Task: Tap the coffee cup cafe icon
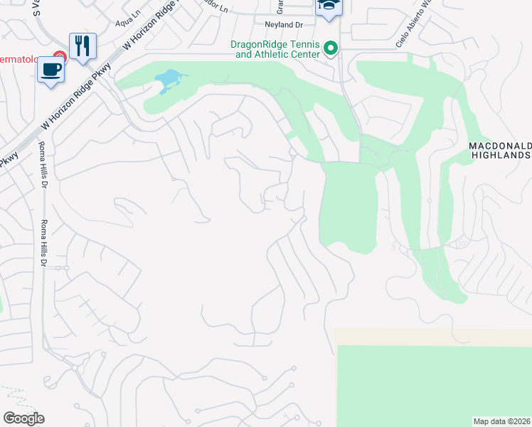click(x=51, y=70)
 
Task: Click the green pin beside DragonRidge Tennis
click(x=330, y=48)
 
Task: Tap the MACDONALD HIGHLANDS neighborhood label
click(x=500, y=150)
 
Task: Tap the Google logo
click(x=23, y=418)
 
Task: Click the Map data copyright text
click(x=502, y=421)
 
